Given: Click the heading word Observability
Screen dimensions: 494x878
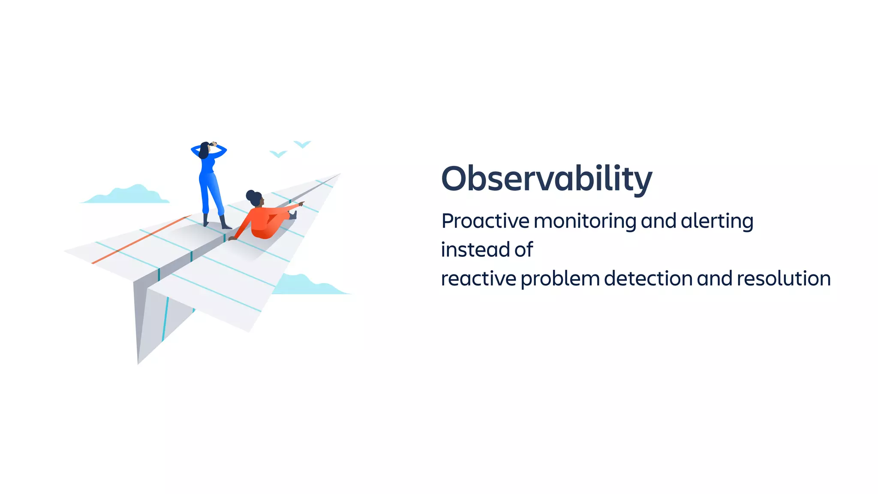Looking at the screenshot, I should (x=546, y=179).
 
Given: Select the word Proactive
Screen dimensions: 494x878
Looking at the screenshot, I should (x=485, y=221).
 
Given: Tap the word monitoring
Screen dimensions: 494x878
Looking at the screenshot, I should (x=585, y=221).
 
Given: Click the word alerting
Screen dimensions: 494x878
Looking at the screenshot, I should (x=717, y=221).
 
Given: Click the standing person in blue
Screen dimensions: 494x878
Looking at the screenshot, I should (x=210, y=184).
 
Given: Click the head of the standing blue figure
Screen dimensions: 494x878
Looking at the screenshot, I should (x=204, y=150).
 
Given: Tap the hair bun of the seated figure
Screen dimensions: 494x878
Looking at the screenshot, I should (x=250, y=195).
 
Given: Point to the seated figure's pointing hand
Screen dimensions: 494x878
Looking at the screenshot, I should (x=301, y=203).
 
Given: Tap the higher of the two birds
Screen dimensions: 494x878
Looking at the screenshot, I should (x=302, y=144).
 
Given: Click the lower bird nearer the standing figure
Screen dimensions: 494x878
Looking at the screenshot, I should (x=278, y=154).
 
